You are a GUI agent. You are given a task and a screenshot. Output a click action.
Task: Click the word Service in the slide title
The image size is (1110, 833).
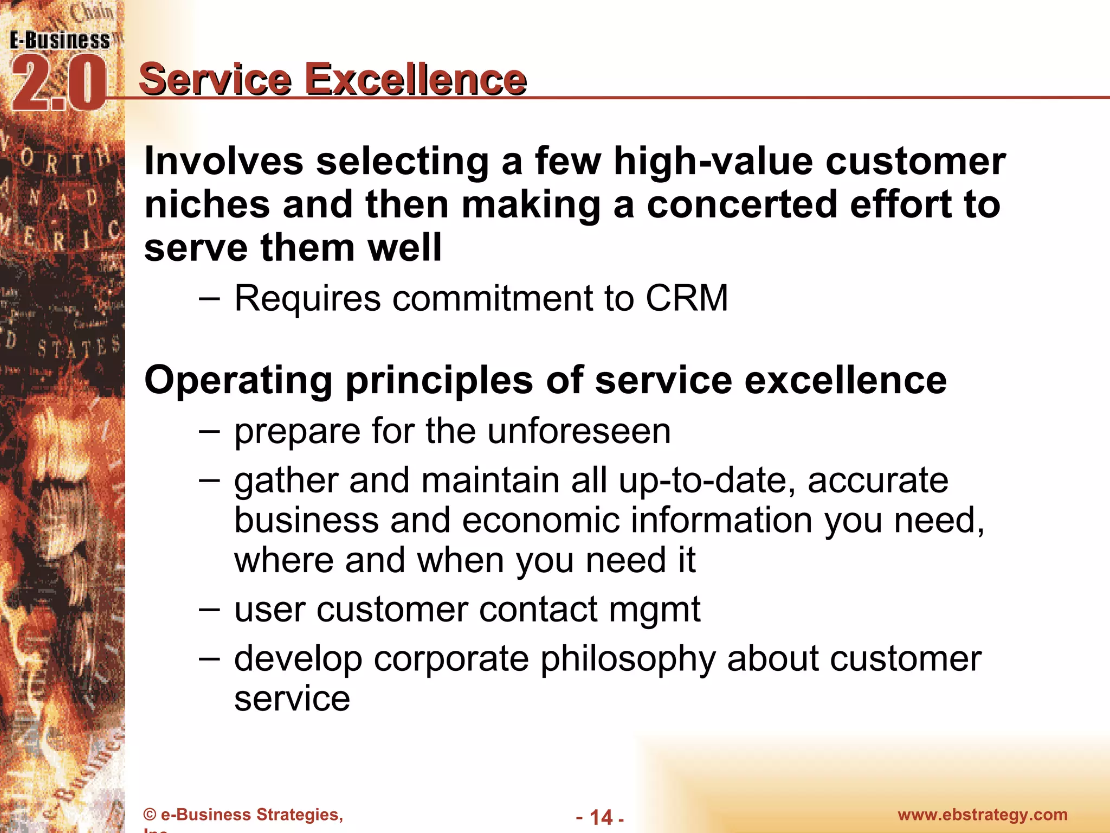pyautogui.click(x=216, y=80)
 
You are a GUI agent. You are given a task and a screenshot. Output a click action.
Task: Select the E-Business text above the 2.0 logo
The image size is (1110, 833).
pyautogui.click(x=60, y=41)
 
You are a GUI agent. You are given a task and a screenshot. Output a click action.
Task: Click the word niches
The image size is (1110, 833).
pyautogui.click(x=207, y=205)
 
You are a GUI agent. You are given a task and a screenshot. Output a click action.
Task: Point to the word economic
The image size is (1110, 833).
pyautogui.click(x=540, y=521)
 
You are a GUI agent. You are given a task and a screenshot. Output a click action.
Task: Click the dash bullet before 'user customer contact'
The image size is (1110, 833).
pyautogui.click(x=209, y=609)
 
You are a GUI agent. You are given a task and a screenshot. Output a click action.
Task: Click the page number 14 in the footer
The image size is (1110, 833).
pyautogui.click(x=601, y=817)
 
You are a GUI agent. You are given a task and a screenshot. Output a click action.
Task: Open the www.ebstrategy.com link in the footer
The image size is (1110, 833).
pyautogui.click(x=982, y=815)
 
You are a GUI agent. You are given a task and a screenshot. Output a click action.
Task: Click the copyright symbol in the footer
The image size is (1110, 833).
pyautogui.click(x=150, y=815)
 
